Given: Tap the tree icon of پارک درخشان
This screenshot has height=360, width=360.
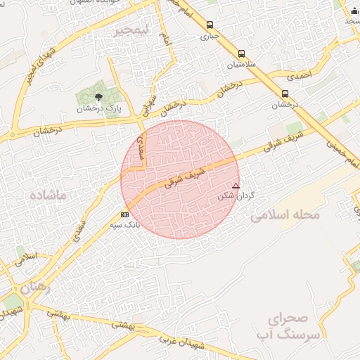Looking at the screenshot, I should (x=98, y=98).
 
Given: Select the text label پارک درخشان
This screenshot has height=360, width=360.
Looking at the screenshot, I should (x=100, y=109).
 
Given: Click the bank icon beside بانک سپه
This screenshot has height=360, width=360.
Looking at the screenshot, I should (x=124, y=214).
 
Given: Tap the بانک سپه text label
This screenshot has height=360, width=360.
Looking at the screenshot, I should (x=124, y=225).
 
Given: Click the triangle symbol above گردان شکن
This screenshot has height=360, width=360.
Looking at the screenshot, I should (x=236, y=186).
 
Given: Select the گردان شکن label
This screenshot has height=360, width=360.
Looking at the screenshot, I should (x=236, y=195).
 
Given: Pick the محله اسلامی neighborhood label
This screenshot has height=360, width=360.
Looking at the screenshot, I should (x=285, y=214).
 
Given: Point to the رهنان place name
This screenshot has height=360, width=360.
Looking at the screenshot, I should (x=35, y=286).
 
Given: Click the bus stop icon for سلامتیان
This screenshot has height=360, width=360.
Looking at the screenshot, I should (x=242, y=53).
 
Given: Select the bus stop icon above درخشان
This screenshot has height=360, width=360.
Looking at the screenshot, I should (x=285, y=94).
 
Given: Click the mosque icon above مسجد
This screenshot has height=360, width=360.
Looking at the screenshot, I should (x=353, y=10).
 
